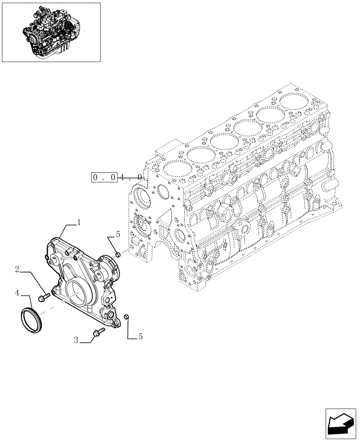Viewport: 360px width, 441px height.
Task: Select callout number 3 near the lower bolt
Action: (76, 340)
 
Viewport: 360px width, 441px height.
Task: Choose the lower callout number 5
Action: (140, 337)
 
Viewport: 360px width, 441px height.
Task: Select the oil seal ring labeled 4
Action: (31, 318)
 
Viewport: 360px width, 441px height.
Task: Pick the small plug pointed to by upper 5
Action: (118, 255)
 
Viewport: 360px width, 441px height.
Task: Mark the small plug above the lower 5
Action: (126, 316)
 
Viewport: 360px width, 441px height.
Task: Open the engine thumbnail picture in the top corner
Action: (51, 32)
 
